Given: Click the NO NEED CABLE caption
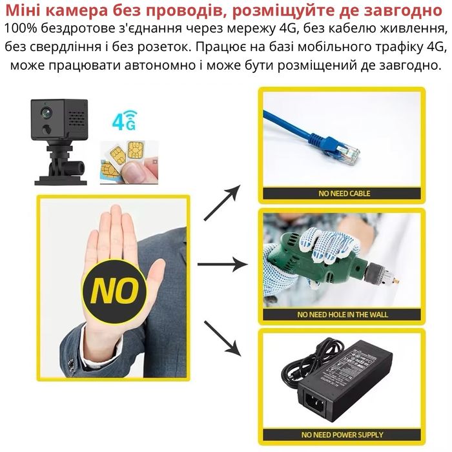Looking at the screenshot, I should (344, 192).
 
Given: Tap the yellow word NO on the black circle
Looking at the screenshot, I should (114, 291).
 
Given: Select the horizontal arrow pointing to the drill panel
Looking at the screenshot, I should (222, 265).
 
